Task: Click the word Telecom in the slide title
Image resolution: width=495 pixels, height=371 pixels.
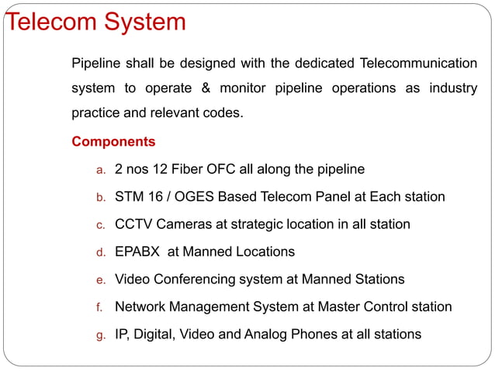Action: click(50, 21)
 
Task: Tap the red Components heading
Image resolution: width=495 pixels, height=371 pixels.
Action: click(113, 142)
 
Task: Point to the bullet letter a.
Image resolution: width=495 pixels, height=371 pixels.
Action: click(99, 169)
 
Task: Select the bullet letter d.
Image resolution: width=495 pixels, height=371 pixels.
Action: click(99, 252)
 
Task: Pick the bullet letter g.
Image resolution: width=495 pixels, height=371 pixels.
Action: click(99, 335)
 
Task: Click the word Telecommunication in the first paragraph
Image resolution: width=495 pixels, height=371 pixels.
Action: click(418, 62)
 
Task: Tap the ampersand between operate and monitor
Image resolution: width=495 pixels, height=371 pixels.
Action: click(206, 88)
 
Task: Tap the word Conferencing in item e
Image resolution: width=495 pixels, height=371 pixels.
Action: click(195, 279)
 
